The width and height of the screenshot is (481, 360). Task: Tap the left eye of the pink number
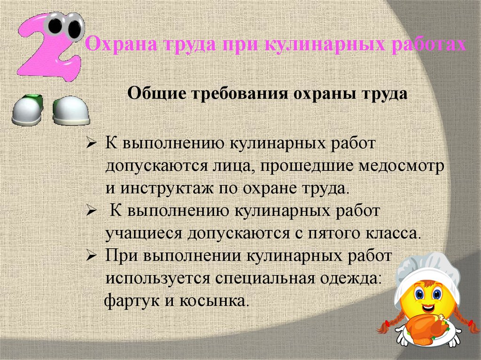coord(58,26)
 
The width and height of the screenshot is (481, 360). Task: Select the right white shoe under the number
coord(70,110)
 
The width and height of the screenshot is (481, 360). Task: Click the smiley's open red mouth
coord(428,308)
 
